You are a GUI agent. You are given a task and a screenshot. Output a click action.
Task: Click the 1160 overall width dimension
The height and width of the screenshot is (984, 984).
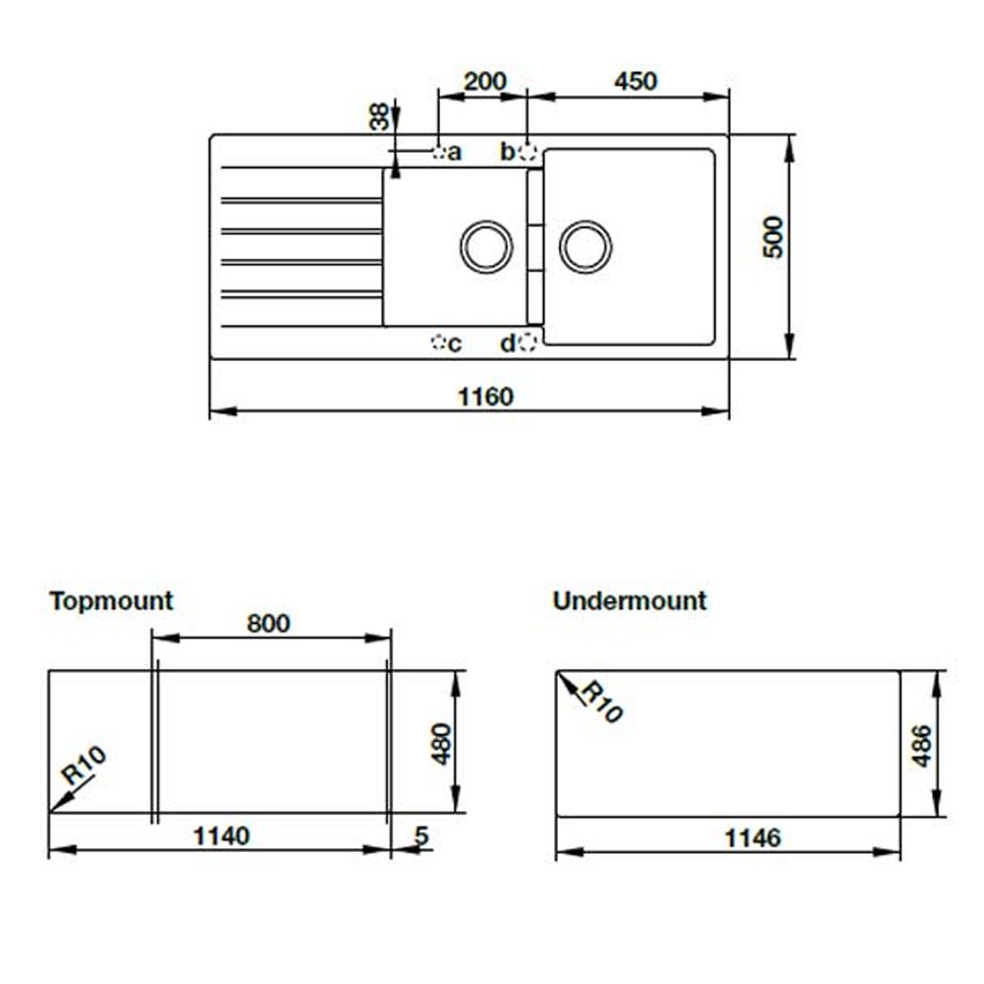click(486, 397)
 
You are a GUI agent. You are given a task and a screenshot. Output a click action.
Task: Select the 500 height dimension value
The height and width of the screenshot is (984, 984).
click(774, 236)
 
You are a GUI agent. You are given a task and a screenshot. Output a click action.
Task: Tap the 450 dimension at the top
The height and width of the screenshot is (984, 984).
click(635, 81)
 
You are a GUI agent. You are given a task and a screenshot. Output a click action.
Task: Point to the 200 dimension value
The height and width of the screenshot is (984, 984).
click(484, 81)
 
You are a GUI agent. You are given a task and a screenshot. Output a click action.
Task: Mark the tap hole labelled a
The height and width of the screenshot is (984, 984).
click(439, 152)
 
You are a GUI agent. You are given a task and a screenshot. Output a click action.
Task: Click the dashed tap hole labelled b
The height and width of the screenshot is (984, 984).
click(527, 152)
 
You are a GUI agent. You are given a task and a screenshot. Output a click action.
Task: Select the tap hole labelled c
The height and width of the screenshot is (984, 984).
click(439, 342)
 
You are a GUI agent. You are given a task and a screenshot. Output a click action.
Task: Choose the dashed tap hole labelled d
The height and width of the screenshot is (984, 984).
click(527, 342)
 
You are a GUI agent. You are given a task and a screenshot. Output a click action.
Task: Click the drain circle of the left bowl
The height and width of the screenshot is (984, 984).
click(486, 246)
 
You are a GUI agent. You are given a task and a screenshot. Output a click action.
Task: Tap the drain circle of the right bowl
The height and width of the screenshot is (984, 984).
click(585, 246)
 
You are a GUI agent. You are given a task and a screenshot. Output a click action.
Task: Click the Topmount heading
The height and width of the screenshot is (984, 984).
click(111, 600)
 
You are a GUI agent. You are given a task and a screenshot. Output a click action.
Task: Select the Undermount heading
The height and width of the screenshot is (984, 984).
click(629, 600)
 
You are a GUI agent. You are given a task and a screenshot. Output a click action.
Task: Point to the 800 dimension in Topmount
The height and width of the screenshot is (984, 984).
click(269, 624)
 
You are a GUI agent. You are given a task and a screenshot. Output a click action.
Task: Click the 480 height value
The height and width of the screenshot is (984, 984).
click(442, 743)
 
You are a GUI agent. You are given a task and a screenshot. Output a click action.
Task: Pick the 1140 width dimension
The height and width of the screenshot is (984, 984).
click(220, 836)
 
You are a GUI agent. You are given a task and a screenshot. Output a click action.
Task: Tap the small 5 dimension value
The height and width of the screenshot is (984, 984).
click(421, 836)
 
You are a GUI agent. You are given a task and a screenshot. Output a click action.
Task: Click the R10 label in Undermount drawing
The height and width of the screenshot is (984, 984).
click(599, 702)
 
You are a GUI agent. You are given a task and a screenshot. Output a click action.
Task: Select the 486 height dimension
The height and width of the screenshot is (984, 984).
click(921, 748)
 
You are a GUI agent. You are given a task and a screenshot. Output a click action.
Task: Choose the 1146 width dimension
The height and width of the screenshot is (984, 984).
click(753, 837)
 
